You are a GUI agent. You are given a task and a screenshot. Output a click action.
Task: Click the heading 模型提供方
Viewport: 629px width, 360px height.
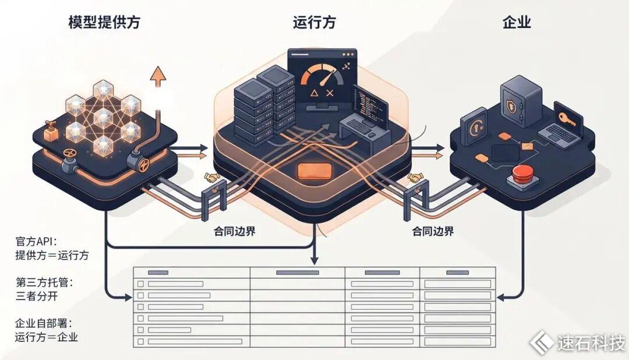[x=104, y=22]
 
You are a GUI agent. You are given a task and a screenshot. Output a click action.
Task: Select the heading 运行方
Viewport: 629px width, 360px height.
[x=314, y=22]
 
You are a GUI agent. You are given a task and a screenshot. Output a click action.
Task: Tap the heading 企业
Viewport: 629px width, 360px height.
[x=517, y=22]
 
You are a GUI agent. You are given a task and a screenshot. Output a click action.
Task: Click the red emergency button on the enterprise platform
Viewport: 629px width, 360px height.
[x=522, y=173]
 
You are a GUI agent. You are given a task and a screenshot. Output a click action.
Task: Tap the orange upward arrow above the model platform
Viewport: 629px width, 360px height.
[x=158, y=76]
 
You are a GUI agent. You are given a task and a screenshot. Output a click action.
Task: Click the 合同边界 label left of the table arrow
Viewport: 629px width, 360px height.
[x=235, y=231]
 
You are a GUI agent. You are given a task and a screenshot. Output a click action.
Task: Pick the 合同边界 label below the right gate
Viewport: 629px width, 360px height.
[x=433, y=231]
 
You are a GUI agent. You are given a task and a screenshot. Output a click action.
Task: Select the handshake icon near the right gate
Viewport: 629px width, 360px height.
[x=416, y=178]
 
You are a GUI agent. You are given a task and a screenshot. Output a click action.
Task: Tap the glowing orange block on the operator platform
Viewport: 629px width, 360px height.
[x=314, y=171]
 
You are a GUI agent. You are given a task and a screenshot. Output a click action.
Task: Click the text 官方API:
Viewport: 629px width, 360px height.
[x=36, y=241]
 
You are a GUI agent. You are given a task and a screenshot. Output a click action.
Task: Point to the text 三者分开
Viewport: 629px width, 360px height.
[x=37, y=297]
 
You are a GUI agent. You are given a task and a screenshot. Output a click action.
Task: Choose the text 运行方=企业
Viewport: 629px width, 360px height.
[x=47, y=337]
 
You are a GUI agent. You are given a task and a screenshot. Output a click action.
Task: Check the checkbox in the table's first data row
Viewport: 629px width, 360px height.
[x=140, y=284]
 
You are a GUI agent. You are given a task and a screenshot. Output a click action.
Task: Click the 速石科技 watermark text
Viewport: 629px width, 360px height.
[x=591, y=343]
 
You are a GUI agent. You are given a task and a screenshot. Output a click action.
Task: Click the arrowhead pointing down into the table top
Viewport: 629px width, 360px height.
[x=314, y=260]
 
